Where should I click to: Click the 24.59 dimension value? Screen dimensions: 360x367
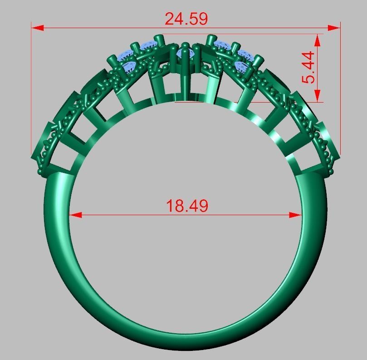[186, 19]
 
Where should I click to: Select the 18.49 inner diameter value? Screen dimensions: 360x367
[187, 206]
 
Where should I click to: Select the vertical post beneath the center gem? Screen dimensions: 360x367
[186, 82]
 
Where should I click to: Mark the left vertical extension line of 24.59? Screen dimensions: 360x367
[31, 91]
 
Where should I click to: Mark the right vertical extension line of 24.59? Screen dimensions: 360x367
[340, 91]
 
